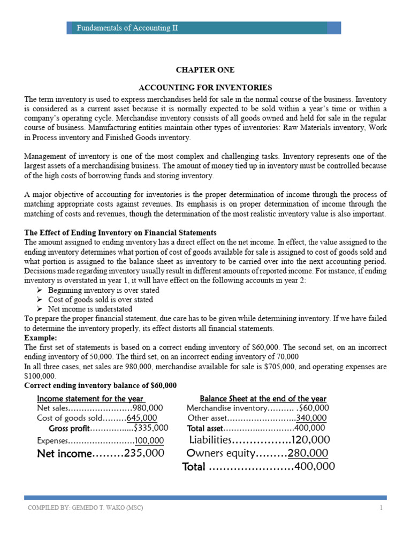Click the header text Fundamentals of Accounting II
[127, 28]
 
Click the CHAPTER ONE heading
[205, 70]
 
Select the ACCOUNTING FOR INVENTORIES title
[205, 87]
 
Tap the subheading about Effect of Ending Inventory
[120, 233]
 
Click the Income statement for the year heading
[90, 399]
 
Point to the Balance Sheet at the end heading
[263, 399]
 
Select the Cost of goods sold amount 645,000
[142, 418]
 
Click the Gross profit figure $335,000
[151, 428]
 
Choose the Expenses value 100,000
[149, 440]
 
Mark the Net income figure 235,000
[144, 453]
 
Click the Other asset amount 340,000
[311, 418]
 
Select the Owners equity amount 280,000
[308, 453]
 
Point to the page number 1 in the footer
[381, 508]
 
